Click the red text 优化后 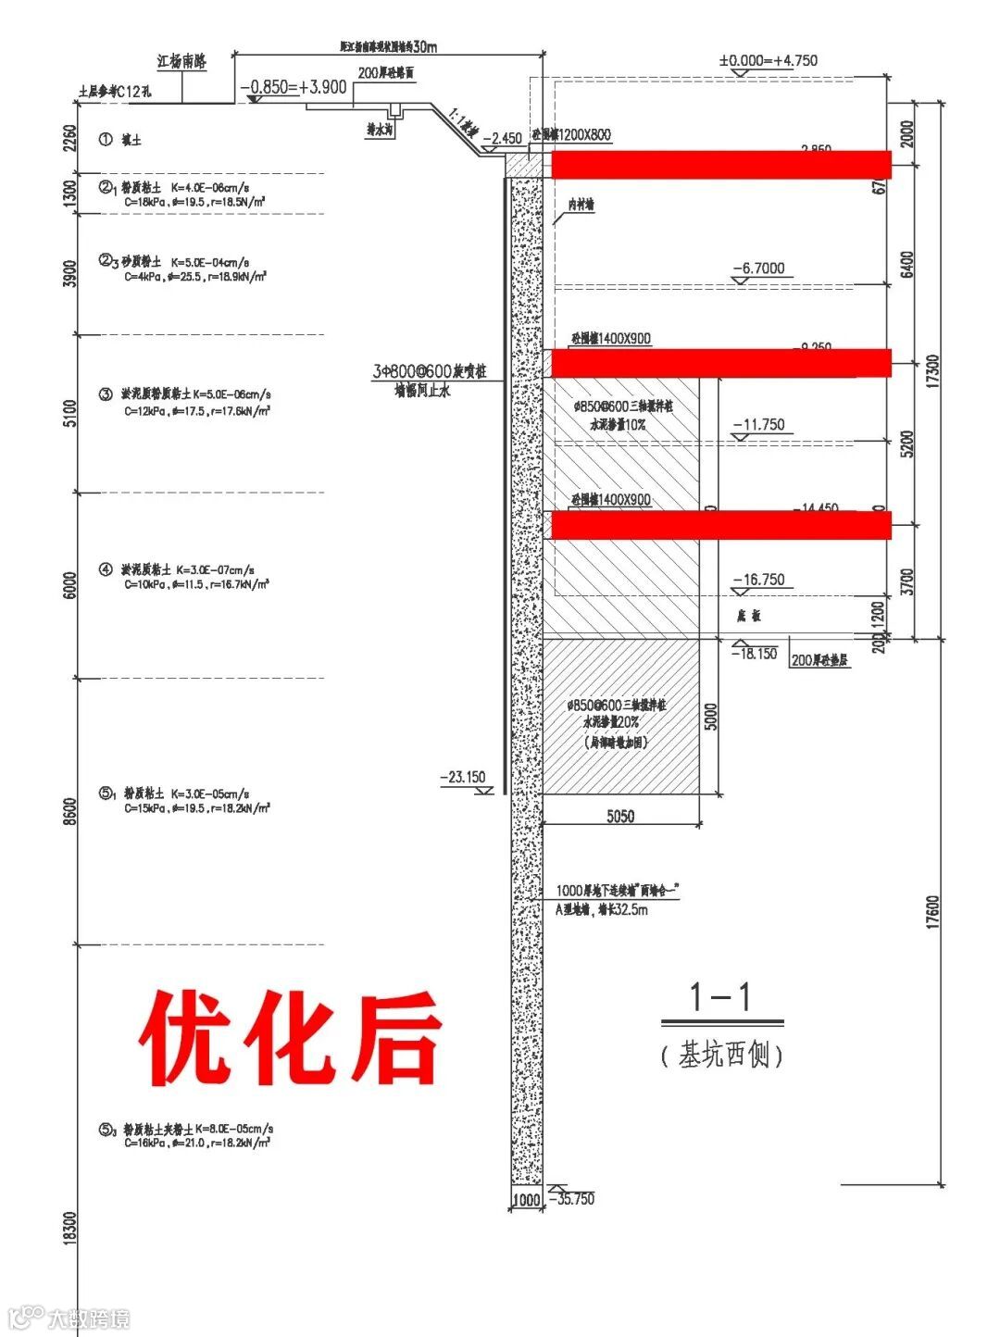[291, 1037]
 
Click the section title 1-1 [720, 997]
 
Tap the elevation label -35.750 [571, 1199]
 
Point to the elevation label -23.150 [463, 778]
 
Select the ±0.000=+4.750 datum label [769, 61]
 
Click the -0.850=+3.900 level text [294, 88]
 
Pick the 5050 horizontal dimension [620, 816]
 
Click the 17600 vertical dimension [932, 912]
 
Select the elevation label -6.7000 [758, 269]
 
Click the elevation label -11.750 [758, 425]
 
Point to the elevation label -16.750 [758, 580]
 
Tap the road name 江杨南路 [181, 62]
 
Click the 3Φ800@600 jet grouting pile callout [430, 372]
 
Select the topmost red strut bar [720, 165]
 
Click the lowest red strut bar [720, 525]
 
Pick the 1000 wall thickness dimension [526, 1200]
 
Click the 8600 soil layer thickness [71, 811]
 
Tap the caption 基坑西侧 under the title [722, 1055]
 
